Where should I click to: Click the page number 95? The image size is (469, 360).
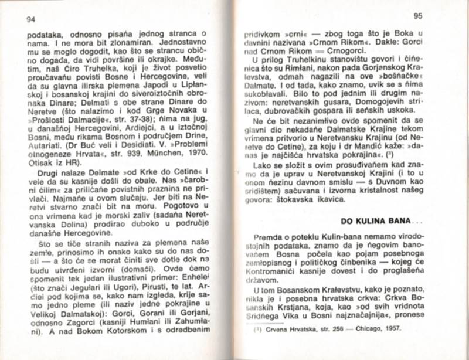pyautogui.click(x=417, y=16)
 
